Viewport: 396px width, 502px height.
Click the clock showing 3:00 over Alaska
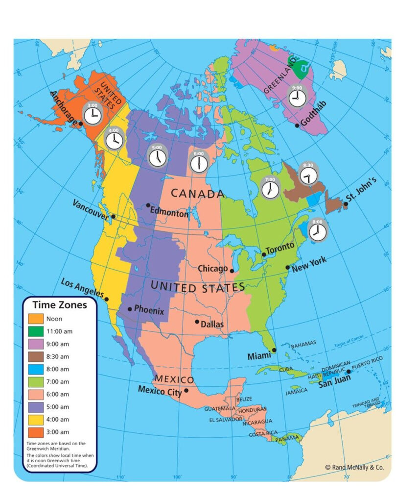pyautogui.click(x=92, y=115)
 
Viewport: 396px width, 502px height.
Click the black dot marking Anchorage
pyautogui.click(x=81, y=124)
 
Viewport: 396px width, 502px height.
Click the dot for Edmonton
pyautogui.click(x=148, y=205)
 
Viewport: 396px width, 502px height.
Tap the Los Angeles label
pyautogui.click(x=82, y=288)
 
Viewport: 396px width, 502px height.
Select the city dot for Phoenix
pyautogui.click(x=130, y=309)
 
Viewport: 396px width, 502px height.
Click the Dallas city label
pyautogui.click(x=212, y=324)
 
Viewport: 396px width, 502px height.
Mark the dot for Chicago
pyautogui.click(x=232, y=271)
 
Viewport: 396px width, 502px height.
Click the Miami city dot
pyautogui.click(x=274, y=350)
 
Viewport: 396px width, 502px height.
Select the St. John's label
pyautogui.click(x=361, y=190)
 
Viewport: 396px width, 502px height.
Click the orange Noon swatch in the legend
pyautogui.click(x=36, y=319)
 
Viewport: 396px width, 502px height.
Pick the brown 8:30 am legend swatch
pyautogui.click(x=36, y=356)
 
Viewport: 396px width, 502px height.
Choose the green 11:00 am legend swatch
pyautogui.click(x=36, y=331)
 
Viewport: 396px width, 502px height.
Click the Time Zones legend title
pyautogui.click(x=60, y=305)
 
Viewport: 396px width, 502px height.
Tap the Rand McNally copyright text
pyautogui.click(x=355, y=468)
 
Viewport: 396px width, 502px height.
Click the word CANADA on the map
pyautogui.click(x=197, y=194)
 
